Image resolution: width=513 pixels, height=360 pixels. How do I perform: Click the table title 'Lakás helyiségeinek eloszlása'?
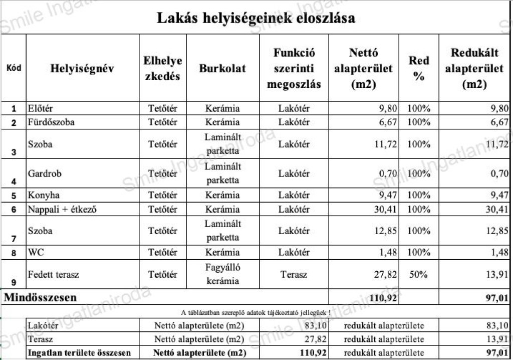256,18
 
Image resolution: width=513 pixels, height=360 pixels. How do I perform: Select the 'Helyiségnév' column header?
82,68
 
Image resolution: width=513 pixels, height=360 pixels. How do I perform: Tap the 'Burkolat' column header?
222,68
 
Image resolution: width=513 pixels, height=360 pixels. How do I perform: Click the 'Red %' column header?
419,68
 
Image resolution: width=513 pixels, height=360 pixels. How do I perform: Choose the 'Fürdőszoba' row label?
52,122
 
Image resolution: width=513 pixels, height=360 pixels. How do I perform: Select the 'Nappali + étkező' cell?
62,209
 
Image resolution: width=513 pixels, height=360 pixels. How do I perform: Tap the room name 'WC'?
36,252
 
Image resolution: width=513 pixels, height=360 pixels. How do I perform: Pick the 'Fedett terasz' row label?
54,274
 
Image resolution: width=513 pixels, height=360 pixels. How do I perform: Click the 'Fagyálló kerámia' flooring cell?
222,274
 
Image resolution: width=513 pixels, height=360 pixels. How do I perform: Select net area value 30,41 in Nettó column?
385,209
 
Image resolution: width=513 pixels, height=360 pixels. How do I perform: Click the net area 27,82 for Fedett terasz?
385,274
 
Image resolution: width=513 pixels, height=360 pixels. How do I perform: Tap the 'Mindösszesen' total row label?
41,297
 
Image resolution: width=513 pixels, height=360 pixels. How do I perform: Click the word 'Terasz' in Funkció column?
294,274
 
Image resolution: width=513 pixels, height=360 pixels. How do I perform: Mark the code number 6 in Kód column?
14,210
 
